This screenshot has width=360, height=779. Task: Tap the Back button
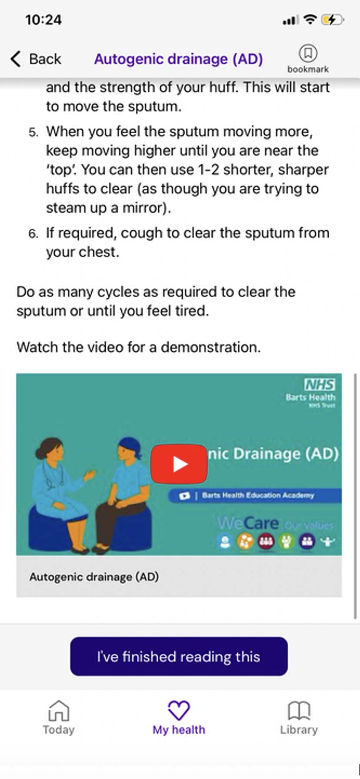tap(36, 59)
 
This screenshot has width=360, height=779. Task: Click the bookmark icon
tap(308, 53)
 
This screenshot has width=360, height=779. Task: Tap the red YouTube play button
tap(179, 464)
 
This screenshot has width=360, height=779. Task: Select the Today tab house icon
tap(59, 711)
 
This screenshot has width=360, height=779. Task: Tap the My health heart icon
tap(179, 711)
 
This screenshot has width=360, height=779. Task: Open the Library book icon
tap(299, 711)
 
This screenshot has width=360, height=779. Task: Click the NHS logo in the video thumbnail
tap(320, 384)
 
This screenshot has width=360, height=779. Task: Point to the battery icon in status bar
tap(333, 20)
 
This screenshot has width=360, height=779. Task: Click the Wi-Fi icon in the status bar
tap(310, 20)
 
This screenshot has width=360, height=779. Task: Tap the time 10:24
tap(43, 20)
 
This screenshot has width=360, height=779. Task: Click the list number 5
tap(33, 132)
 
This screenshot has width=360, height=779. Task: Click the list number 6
tap(33, 234)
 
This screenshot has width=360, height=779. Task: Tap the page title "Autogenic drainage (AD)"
tap(178, 59)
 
